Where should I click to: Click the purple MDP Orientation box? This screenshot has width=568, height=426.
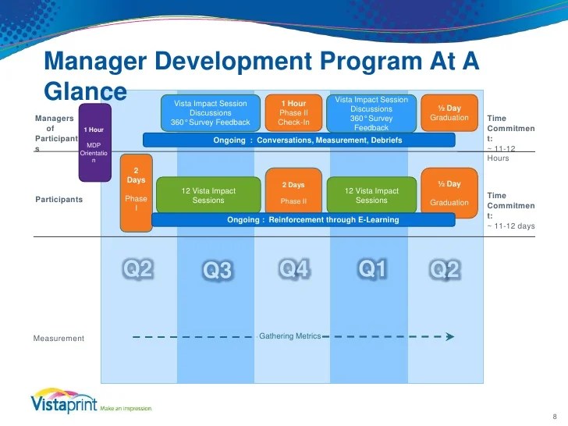pyautogui.click(x=94, y=142)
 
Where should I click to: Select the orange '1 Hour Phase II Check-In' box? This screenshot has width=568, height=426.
pyautogui.click(x=294, y=112)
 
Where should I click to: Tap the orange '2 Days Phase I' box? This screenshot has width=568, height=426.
pyautogui.click(x=136, y=193)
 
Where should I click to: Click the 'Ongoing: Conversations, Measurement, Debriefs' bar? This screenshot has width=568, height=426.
pyautogui.click(x=298, y=140)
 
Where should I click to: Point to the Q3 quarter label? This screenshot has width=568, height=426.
pyautogui.click(x=218, y=270)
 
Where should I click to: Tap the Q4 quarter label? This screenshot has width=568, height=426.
pyautogui.click(x=295, y=269)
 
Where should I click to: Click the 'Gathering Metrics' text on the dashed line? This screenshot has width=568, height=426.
pyautogui.click(x=289, y=336)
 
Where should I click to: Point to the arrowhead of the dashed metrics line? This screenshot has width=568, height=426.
pyautogui.click(x=449, y=337)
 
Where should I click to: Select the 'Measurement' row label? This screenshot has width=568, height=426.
pyautogui.click(x=59, y=339)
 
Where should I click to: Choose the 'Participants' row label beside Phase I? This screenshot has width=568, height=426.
pyautogui.click(x=59, y=200)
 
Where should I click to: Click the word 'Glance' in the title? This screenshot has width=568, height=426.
pyautogui.click(x=85, y=91)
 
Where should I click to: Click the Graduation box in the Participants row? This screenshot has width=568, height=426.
pyautogui.click(x=449, y=193)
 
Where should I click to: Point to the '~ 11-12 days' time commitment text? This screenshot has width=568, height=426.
pyautogui.click(x=510, y=226)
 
